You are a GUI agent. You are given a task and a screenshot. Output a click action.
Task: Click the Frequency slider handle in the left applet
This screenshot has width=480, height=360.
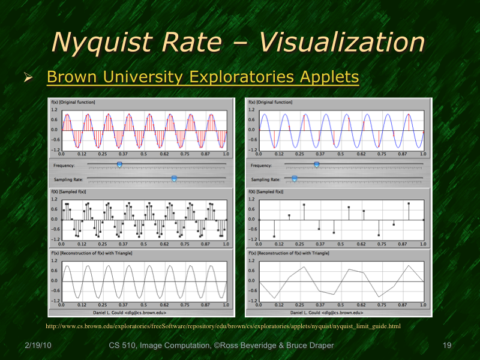click(x=119, y=163)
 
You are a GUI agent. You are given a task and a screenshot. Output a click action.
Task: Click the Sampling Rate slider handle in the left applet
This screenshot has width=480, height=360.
click(x=174, y=178)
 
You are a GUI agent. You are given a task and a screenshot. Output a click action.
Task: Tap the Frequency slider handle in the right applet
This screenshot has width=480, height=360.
click(x=316, y=163)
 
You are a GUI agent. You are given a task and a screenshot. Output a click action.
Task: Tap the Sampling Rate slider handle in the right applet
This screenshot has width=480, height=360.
click(x=294, y=178)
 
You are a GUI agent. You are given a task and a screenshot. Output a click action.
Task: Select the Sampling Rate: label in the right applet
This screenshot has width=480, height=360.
click(x=265, y=179)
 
